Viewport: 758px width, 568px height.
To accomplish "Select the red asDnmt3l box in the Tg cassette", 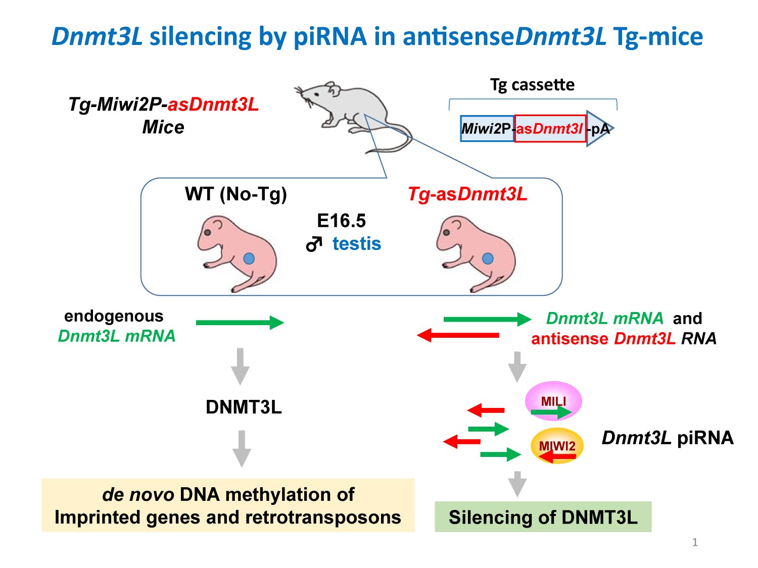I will (550, 129).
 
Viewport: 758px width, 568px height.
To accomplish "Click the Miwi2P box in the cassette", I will (487, 129).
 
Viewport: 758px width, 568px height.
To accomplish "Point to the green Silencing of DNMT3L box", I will (543, 517).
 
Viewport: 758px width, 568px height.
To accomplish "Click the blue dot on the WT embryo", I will (249, 259).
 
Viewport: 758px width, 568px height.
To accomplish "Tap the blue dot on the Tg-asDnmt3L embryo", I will (488, 259).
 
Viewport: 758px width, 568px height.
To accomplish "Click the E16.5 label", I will (341, 221).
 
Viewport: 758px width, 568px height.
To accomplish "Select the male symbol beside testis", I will (314, 244).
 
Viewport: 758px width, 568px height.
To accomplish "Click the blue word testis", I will (357, 244).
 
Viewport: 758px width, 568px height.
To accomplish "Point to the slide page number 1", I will (695, 542).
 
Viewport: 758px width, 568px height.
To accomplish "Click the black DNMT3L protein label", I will (244, 407).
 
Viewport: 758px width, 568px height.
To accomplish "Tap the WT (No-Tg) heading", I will (235, 194).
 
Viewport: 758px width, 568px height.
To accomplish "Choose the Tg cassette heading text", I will (532, 85).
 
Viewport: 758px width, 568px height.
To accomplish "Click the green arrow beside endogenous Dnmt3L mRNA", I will (240, 323).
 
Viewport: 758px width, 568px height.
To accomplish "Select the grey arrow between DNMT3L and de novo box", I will (242, 448).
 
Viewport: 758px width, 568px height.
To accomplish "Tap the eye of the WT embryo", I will (207, 233).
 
